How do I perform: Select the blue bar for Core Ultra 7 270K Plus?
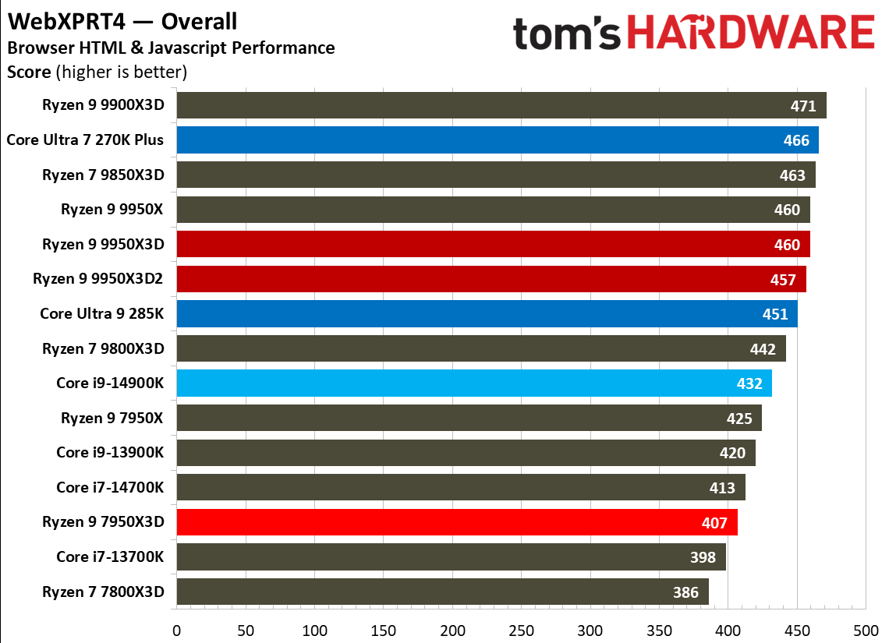coord(497,140)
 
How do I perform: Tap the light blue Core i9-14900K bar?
coord(473,383)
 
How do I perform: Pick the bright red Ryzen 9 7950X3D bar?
coord(456,522)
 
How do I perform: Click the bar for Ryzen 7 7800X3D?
coord(442,592)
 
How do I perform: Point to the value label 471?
coord(802,106)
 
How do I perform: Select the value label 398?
coord(703,557)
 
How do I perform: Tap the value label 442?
coord(762,349)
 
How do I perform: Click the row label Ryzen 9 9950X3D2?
coord(98,279)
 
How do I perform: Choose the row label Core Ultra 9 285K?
coord(102,314)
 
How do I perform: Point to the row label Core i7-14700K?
coord(110,487)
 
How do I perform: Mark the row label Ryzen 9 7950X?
coord(112,418)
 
